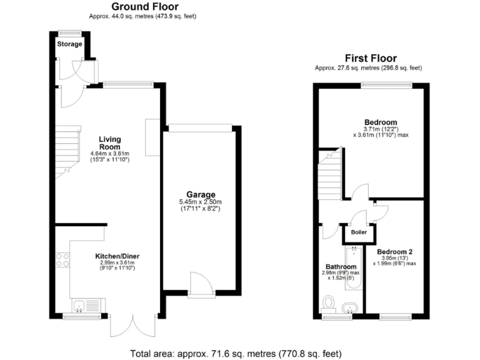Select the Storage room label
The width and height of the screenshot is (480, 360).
[x=69, y=44]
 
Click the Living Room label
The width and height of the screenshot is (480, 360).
[x=109, y=142]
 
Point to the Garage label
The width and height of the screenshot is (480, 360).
[x=200, y=194]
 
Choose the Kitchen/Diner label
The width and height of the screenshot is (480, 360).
[x=118, y=256]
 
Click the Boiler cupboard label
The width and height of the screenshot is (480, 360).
[x=359, y=232]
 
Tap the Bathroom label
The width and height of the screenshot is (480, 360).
[x=341, y=267]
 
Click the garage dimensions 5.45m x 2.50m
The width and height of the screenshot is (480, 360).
[x=200, y=202]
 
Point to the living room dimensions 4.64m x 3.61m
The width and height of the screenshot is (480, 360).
[x=109, y=153]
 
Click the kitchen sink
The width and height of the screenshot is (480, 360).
[x=79, y=305]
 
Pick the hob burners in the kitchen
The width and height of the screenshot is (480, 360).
[x=63, y=260]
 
